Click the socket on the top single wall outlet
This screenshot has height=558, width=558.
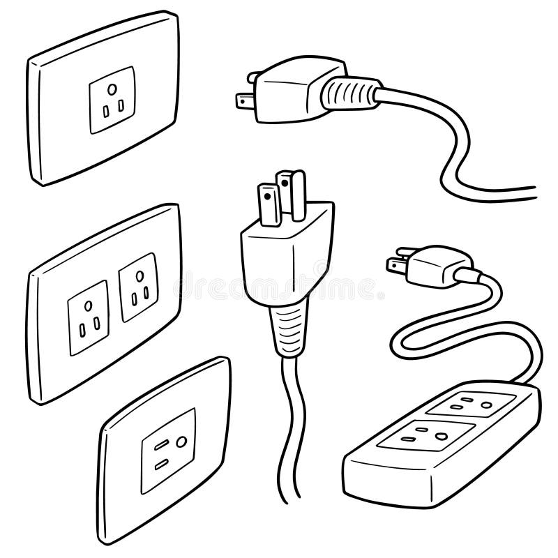pyautogui.click(x=111, y=100)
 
